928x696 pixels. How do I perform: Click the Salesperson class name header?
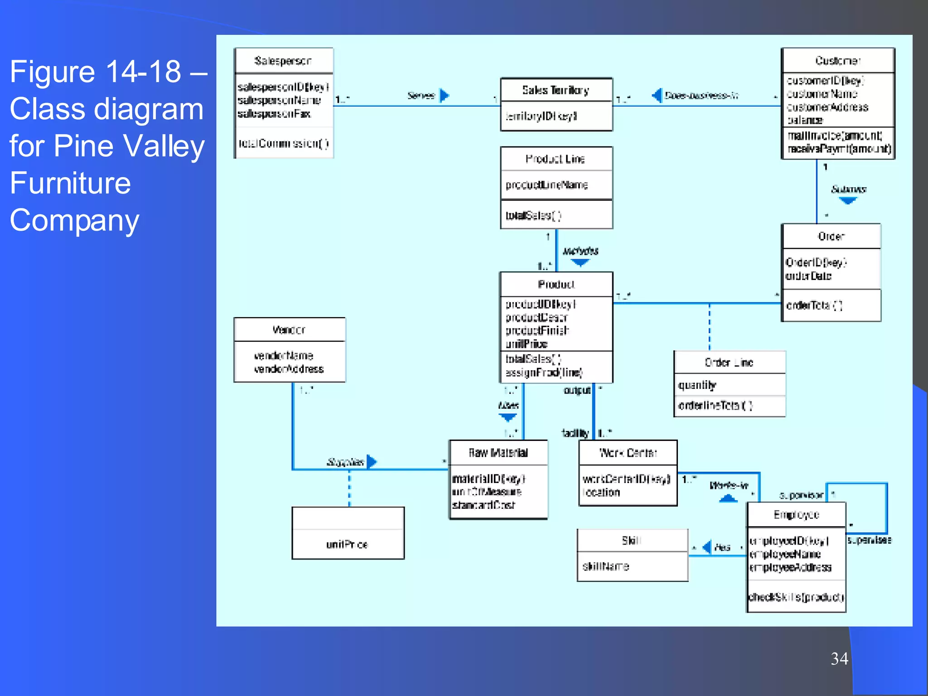[283, 61]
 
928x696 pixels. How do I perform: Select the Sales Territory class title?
[556, 90]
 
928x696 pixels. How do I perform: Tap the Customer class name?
[837, 61]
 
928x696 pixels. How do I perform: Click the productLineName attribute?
[546, 185]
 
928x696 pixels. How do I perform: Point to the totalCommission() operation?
[283, 144]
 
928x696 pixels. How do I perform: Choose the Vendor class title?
[289, 330]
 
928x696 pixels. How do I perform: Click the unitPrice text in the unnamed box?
[347, 544]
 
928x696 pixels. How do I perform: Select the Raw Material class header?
[498, 453]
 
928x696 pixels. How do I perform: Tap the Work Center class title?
[628, 453]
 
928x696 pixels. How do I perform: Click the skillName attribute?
[605, 566]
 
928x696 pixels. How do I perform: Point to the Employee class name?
[796, 515]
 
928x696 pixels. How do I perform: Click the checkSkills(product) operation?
[796, 597]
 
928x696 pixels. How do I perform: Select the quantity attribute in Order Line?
[697, 385]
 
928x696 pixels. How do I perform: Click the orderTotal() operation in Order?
[814, 305]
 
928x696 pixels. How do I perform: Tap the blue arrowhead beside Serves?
[444, 96]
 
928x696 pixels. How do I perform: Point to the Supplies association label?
[345, 462]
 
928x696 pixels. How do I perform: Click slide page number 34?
[839, 658]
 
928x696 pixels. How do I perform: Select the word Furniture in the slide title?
[70, 183]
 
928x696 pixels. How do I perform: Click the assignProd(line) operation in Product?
[544, 372]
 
